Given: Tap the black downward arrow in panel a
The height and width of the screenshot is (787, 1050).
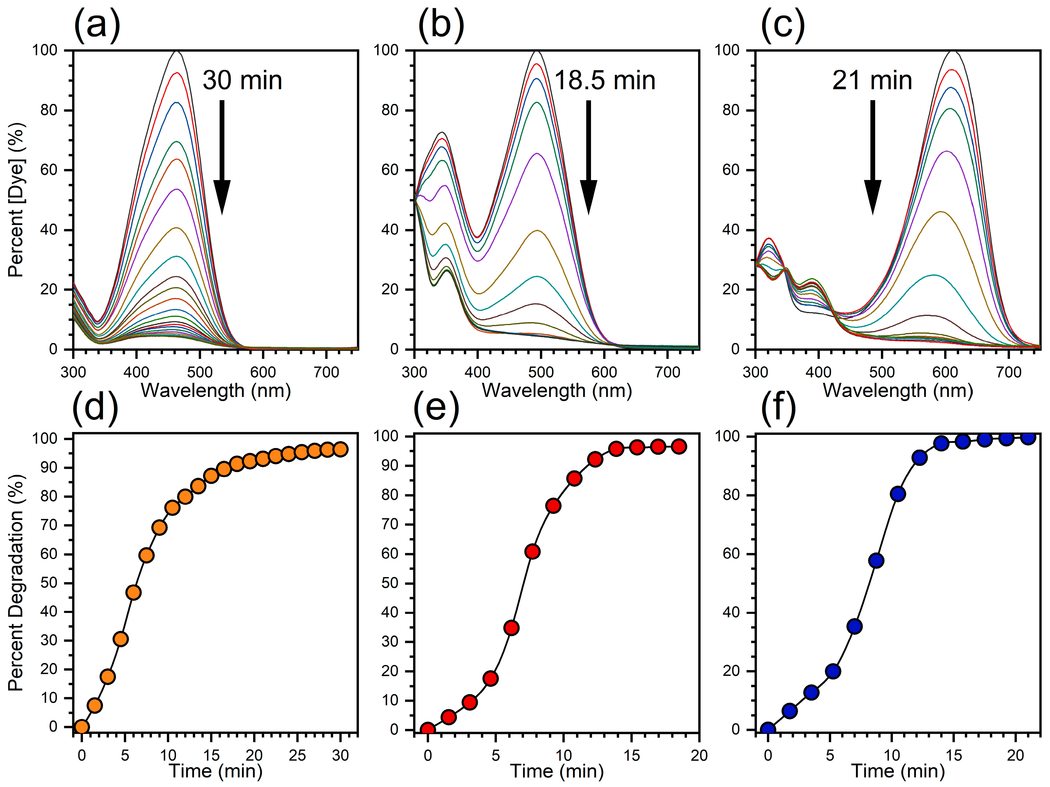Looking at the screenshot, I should [222, 157].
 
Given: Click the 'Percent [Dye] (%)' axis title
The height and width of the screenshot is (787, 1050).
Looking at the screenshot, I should [16, 199].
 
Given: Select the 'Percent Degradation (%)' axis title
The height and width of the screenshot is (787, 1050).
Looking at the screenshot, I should [16, 582].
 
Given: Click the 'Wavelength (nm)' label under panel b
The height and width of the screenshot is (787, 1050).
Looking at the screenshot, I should [557, 391].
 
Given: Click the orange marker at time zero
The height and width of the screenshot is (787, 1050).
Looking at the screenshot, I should [82, 727].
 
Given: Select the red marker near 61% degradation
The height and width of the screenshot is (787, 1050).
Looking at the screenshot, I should [532, 551].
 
